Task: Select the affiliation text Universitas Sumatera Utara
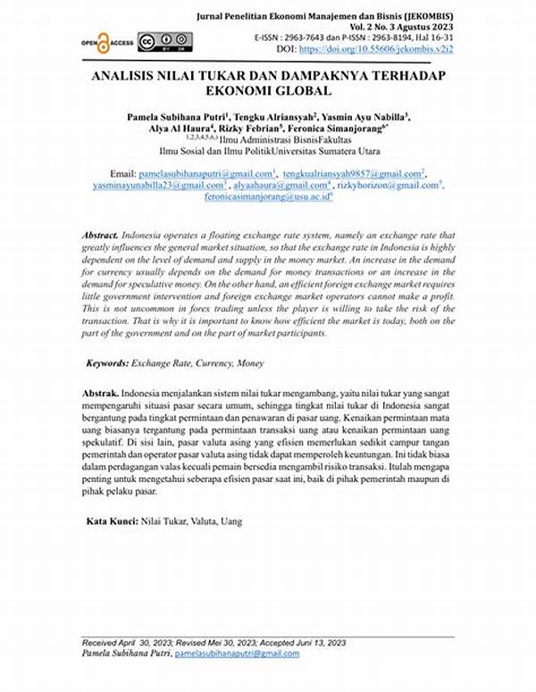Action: click(x=326, y=151)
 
